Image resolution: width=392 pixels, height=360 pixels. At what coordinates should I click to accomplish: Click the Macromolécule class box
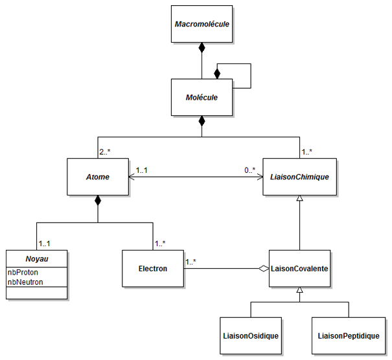point(202,24)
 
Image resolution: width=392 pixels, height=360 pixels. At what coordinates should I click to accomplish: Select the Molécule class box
point(202,98)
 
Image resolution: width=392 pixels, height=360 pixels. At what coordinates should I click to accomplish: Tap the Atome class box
point(97,176)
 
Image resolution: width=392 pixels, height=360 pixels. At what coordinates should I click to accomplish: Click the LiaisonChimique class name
point(299,176)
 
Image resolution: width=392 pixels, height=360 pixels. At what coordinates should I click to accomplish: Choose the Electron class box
point(152,268)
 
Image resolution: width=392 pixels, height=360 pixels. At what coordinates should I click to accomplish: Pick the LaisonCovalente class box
point(299,268)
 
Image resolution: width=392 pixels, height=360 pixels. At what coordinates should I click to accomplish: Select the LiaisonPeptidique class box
point(349,335)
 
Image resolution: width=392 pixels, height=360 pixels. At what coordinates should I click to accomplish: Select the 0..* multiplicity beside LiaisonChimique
point(250,170)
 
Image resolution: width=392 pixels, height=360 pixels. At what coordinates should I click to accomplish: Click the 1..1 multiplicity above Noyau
point(45,243)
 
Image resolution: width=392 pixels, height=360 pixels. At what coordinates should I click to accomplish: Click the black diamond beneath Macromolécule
point(202,47)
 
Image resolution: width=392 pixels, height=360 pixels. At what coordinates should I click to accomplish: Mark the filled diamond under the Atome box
point(97,201)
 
